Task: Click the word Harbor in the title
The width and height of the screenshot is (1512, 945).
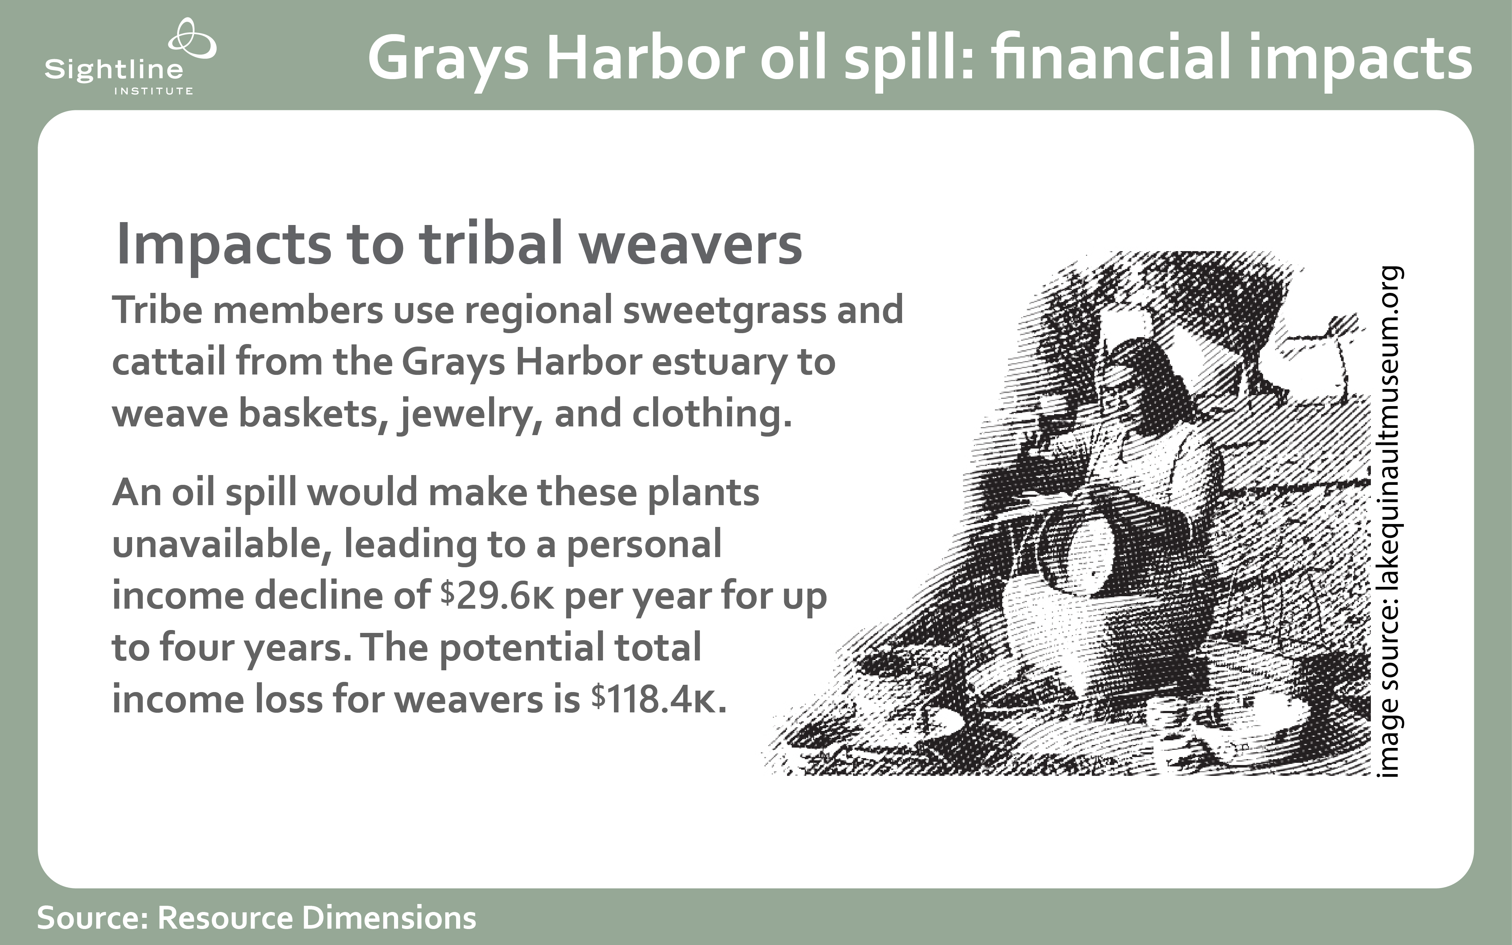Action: click(645, 57)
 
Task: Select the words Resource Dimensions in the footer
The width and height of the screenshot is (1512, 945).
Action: click(317, 917)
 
